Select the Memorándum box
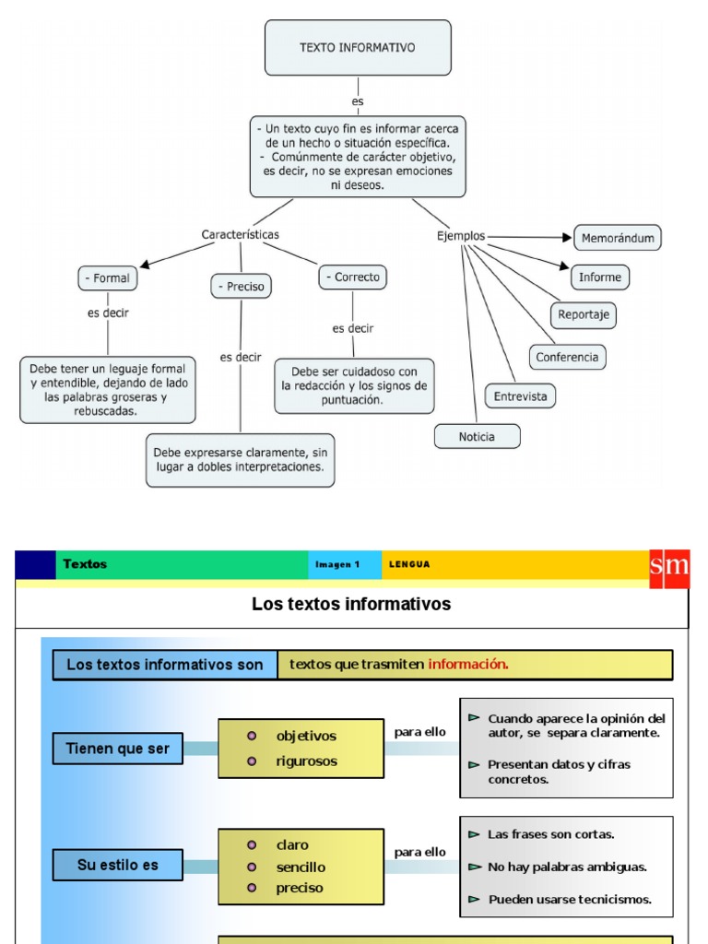618,238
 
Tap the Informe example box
599,277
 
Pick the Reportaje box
584,314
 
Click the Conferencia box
567,357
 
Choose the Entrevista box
520,396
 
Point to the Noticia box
477,437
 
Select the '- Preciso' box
241,287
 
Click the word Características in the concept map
240,235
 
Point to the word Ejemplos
461,236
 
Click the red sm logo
669,566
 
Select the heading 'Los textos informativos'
351,605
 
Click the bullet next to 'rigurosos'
252,761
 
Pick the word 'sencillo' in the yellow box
301,867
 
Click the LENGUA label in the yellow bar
409,565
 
